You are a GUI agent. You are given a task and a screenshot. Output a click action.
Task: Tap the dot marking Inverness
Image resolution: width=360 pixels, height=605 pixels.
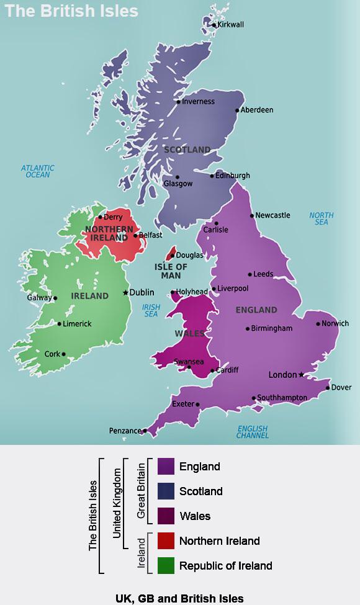(x=179, y=102)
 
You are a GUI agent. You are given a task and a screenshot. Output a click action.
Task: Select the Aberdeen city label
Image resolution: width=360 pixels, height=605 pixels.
(x=257, y=110)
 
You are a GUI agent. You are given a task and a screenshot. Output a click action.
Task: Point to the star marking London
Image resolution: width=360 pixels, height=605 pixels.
(x=301, y=374)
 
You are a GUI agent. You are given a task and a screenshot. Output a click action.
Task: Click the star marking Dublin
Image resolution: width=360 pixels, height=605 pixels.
(x=125, y=292)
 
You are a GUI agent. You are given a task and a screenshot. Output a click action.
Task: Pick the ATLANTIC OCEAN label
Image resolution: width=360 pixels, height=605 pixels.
(x=38, y=171)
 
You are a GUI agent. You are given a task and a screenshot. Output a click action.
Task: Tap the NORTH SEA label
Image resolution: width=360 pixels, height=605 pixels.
(x=321, y=219)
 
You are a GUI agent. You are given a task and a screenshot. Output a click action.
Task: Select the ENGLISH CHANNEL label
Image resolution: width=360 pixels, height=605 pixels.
(x=252, y=432)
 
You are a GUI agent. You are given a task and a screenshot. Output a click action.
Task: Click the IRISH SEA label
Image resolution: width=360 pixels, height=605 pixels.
(x=151, y=311)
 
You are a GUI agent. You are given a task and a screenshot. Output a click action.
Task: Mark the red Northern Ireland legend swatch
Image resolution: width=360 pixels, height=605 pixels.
(x=166, y=541)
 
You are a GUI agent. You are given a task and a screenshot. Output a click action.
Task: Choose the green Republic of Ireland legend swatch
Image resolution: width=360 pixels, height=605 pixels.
(x=166, y=566)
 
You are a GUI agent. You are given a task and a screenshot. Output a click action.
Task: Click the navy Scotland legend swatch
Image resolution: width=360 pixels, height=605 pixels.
(x=166, y=491)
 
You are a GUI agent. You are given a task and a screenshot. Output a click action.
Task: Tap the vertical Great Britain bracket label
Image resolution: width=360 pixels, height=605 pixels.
(x=141, y=491)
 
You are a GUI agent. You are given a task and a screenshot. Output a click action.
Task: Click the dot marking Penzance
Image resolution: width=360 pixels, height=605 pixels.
(x=145, y=430)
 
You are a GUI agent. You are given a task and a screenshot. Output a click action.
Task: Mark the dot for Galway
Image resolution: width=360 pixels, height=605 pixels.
(x=55, y=298)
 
